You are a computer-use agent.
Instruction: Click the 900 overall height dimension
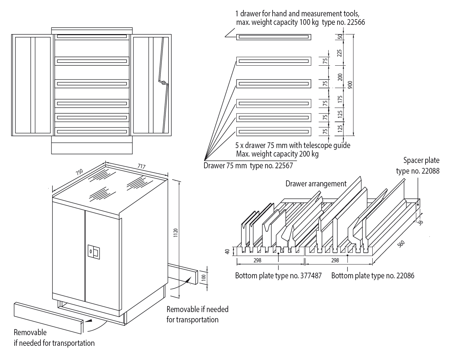(x=350, y=85)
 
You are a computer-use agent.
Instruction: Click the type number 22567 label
(x=283, y=165)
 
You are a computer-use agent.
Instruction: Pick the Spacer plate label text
(x=421, y=160)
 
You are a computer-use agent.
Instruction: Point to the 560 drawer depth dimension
(x=401, y=244)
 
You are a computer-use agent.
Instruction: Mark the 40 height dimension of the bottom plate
(x=227, y=251)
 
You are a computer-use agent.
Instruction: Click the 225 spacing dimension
(x=339, y=53)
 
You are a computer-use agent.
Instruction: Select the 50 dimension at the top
(x=339, y=37)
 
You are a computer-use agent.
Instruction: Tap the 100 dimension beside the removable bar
(x=203, y=277)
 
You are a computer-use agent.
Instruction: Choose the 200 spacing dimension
(x=340, y=77)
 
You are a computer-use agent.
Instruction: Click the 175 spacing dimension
(x=340, y=99)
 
